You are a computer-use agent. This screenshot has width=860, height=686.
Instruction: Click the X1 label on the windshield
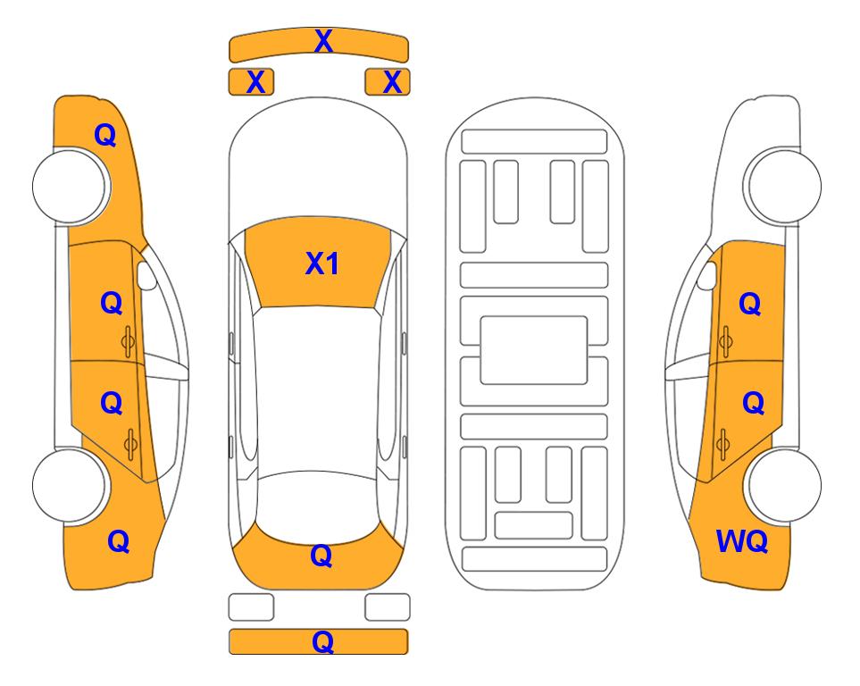tap(322, 264)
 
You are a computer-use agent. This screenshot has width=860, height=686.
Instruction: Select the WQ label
tap(742, 541)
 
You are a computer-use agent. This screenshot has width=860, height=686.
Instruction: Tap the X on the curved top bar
tap(323, 41)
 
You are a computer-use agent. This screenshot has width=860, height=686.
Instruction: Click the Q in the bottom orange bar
tap(322, 641)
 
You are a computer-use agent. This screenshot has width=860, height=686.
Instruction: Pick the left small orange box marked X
tap(251, 82)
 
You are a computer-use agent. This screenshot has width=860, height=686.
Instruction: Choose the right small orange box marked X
tap(388, 82)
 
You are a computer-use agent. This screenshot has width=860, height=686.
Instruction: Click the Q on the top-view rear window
tap(321, 556)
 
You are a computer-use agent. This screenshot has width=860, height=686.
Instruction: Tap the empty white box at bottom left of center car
tap(251, 607)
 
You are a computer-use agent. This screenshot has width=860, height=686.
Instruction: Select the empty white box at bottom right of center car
tap(388, 607)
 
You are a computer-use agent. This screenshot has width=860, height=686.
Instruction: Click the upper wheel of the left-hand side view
tap(70, 186)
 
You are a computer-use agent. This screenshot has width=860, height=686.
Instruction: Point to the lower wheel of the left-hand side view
tap(70, 485)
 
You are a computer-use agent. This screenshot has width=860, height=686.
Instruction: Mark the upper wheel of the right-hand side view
tap(784, 186)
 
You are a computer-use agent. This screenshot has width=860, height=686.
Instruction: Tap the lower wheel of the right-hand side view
tap(784, 485)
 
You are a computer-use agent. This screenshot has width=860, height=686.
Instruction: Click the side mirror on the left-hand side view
tap(146, 275)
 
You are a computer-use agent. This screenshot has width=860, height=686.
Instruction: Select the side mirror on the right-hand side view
tap(707, 275)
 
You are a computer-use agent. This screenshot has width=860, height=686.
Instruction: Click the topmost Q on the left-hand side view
tap(105, 135)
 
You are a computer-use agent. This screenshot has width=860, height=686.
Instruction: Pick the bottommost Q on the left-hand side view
tap(119, 541)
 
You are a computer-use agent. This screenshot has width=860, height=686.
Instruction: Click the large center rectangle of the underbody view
tap(534, 350)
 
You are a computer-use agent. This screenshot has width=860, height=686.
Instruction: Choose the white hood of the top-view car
tap(318, 164)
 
